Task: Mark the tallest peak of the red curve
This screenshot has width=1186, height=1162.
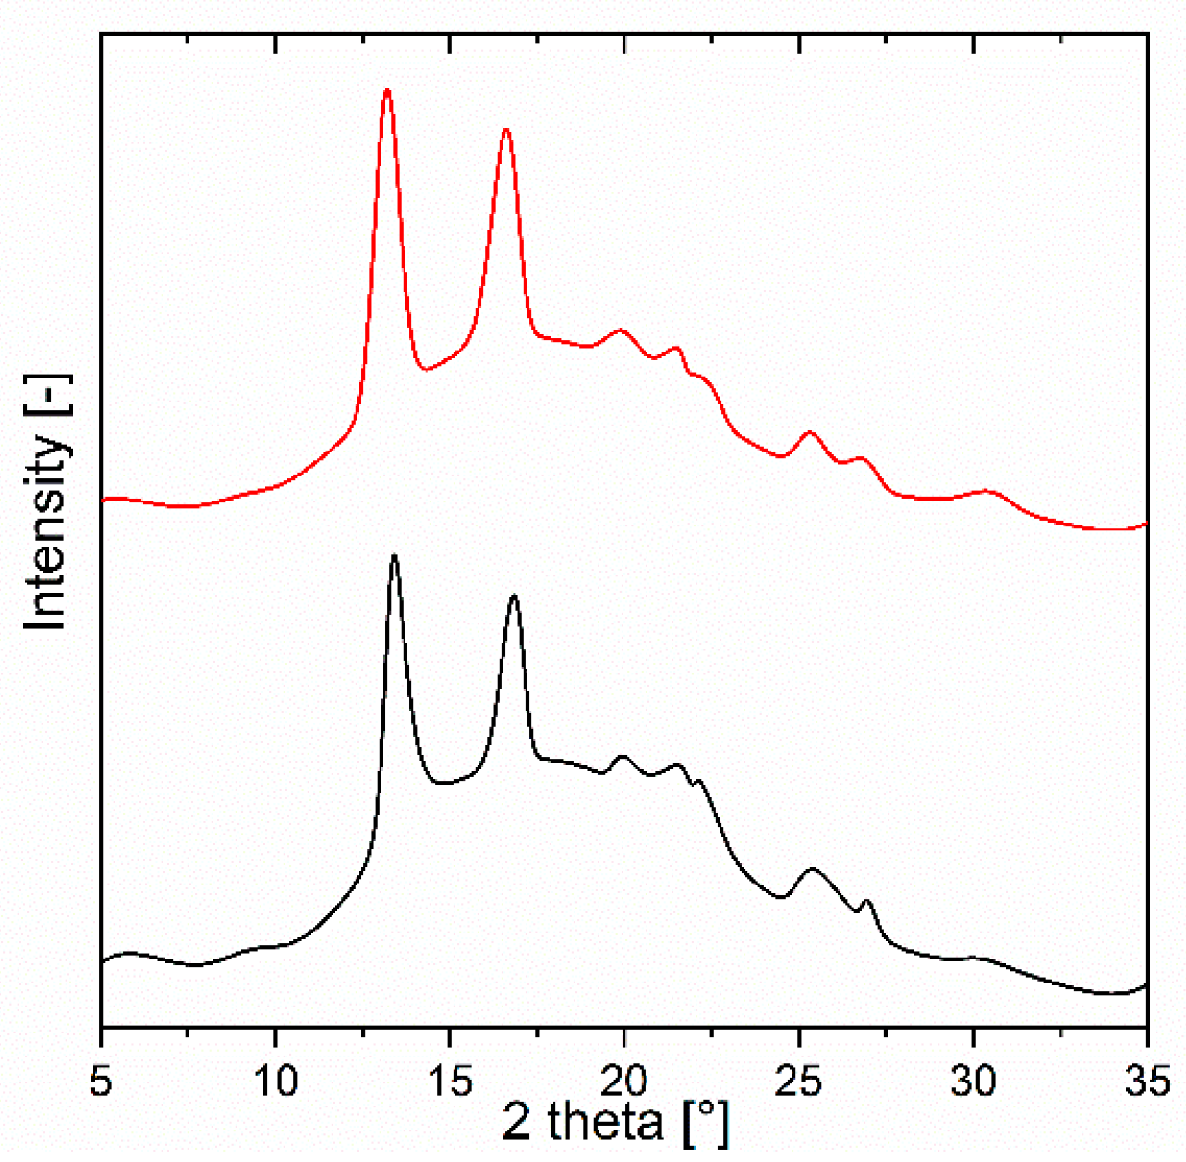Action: click(x=387, y=90)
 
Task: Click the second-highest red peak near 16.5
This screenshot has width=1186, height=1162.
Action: click(x=506, y=130)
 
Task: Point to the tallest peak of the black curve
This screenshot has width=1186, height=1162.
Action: click(x=394, y=556)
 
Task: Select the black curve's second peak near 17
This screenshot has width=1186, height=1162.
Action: click(x=514, y=595)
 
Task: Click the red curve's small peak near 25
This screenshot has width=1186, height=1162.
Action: click(x=809, y=432)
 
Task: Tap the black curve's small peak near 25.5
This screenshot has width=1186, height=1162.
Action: click(x=812, y=869)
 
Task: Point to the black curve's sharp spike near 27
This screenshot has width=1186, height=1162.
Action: click(x=867, y=901)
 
